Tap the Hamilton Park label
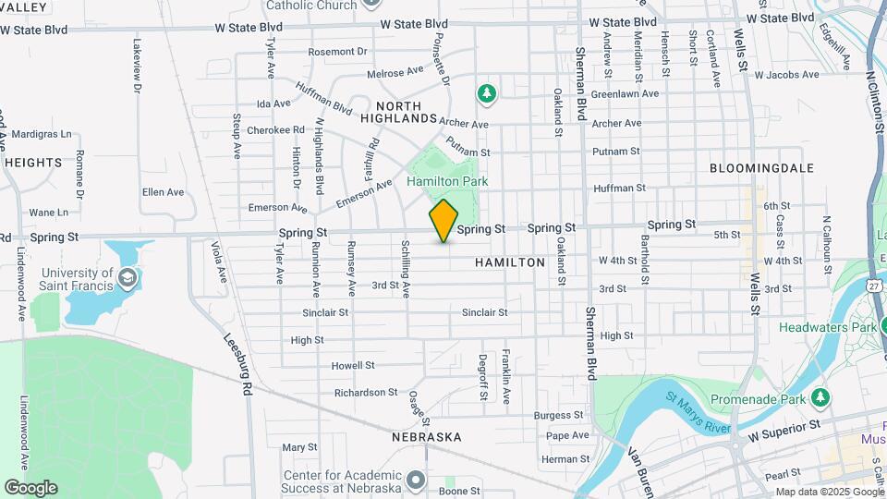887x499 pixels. pos(447,181)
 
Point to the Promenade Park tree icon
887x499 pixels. pos(820,397)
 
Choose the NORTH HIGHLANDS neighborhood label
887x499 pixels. pos(398,112)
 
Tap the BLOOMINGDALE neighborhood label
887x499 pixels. pos(761,168)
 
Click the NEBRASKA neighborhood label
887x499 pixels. pos(426,436)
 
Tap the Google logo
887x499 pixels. pos(30,487)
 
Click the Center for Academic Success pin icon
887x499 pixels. pos(415,479)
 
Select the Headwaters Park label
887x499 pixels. pos(827,327)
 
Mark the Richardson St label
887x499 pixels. pos(366,393)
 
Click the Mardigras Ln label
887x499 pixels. pos(41,134)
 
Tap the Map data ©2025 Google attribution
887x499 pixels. pos(828,492)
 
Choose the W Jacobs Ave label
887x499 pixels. pos(786,74)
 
